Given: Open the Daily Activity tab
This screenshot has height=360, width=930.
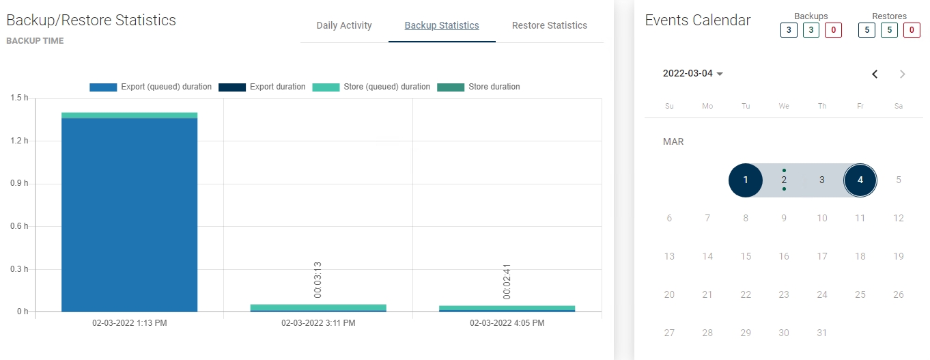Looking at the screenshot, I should pos(344,25).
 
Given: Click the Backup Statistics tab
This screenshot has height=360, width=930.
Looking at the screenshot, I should pos(442,25).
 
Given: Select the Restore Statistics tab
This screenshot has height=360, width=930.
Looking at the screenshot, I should pos(549,25).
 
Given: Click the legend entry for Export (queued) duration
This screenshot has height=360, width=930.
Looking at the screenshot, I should pos(151,87).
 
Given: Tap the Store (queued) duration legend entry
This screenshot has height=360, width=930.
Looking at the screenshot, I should pos(371,87).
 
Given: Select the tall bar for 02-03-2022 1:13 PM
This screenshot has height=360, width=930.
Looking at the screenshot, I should pos(129,212).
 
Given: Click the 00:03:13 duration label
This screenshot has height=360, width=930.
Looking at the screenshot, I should pos(318,279).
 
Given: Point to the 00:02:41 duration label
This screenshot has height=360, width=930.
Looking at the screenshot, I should pos(507,281).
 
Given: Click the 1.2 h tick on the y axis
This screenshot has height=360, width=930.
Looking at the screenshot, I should pos(19,141).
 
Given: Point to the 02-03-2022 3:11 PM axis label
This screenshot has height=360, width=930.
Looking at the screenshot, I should pos(318,323).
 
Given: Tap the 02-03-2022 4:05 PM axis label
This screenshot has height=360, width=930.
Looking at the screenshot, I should pos(507,323).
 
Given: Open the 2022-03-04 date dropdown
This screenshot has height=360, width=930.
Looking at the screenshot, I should pos(693,74).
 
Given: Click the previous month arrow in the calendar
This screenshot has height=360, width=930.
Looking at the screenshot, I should pos(875,74).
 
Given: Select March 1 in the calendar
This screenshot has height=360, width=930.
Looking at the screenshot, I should pos(746,180).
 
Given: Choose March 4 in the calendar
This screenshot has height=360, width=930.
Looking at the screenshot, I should pos(860,180).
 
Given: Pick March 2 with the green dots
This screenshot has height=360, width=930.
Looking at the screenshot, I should pos(784,180).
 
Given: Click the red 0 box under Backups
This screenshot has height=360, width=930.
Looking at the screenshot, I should pos(833,30).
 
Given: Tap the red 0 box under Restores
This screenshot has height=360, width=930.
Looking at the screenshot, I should pos(912,30).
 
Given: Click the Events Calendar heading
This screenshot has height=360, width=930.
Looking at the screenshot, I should pos(698,20).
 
